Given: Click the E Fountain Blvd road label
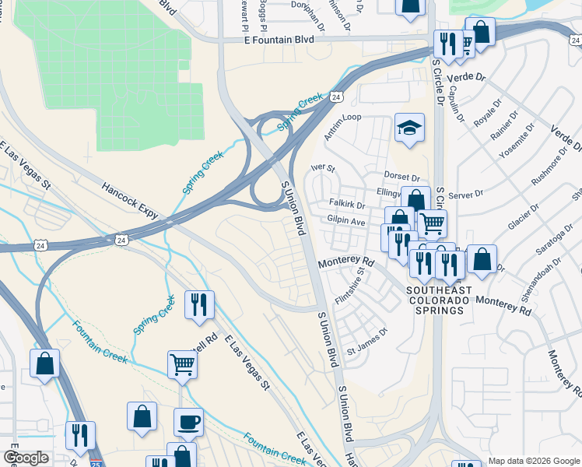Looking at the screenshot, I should [281, 39].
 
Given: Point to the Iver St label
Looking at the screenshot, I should [322, 167].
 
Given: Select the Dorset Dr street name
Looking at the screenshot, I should [402, 177].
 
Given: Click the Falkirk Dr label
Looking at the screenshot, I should [347, 205].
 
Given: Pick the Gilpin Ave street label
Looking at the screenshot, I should [346, 222].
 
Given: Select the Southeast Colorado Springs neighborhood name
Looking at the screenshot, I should [439, 300].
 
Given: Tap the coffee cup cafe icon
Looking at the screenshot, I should [188, 423].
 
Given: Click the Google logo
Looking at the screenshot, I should [25, 458].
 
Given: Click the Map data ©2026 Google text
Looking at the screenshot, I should [533, 459].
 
